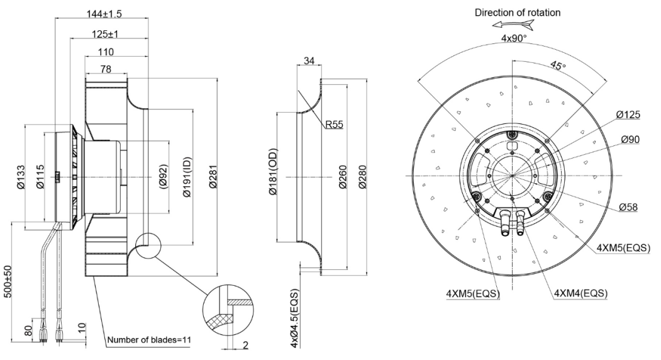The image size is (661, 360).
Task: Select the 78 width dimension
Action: click(x=105, y=69)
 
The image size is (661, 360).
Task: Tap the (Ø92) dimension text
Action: click(x=163, y=177)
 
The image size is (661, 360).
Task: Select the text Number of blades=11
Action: click(x=148, y=340)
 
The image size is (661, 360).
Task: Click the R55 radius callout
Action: click(x=334, y=125)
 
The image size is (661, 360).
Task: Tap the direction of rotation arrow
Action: click(x=513, y=25)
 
